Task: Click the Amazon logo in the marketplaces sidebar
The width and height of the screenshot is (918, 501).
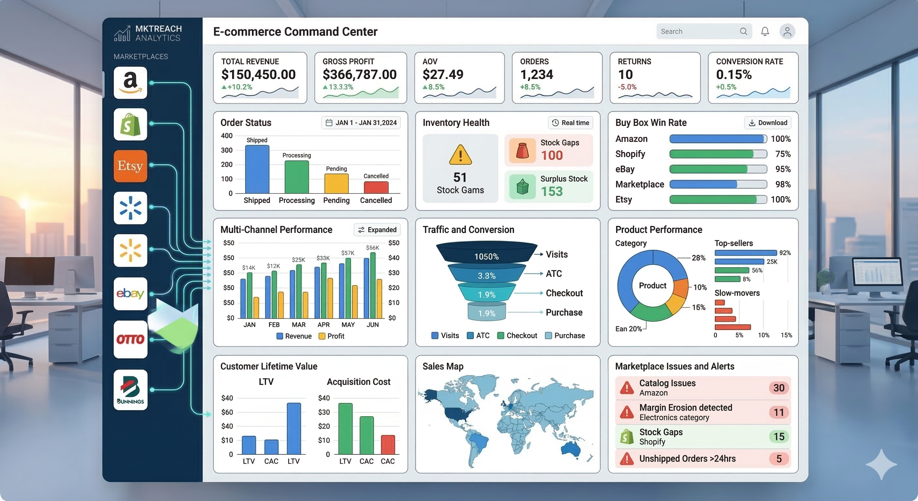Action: pyautogui.click(x=130, y=83)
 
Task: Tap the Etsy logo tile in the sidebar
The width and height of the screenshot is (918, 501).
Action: pyautogui.click(x=130, y=166)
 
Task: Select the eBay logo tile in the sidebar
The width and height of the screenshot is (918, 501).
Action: pyautogui.click(x=130, y=294)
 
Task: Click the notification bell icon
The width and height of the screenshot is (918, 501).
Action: pyautogui.click(x=765, y=31)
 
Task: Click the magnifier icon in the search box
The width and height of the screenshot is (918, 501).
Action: pyautogui.click(x=743, y=31)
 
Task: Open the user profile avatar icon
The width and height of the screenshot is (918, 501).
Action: pyautogui.click(x=787, y=31)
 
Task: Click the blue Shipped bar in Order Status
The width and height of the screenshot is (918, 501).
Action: pyautogui.click(x=257, y=169)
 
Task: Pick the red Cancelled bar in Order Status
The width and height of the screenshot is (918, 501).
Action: pyautogui.click(x=376, y=187)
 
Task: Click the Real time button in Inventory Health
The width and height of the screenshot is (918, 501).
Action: pyautogui.click(x=570, y=123)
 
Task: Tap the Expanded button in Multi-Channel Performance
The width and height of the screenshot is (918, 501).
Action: pyautogui.click(x=378, y=230)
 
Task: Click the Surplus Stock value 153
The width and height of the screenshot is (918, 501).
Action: pyautogui.click(x=552, y=191)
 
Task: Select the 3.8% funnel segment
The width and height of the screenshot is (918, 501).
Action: pyautogui.click(x=486, y=276)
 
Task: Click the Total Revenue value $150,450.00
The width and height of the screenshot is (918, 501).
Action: pyautogui.click(x=259, y=74)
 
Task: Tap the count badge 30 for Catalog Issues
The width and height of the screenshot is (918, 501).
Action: pyautogui.click(x=779, y=387)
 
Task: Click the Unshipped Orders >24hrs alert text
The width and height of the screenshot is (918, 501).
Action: pyautogui.click(x=687, y=459)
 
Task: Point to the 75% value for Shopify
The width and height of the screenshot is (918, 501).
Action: pyautogui.click(x=783, y=154)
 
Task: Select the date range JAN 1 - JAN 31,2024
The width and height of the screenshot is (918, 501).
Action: pyautogui.click(x=361, y=123)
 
